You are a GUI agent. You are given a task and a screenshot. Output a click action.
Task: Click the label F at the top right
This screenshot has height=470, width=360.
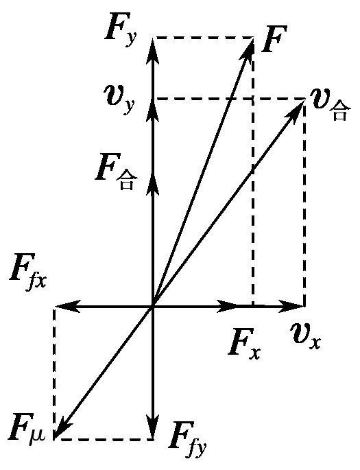click(x=274, y=39)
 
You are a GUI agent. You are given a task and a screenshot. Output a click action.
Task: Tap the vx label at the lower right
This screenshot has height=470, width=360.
click(x=306, y=336)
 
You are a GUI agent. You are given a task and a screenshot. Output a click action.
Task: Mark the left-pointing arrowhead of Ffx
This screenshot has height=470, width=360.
click(x=68, y=306)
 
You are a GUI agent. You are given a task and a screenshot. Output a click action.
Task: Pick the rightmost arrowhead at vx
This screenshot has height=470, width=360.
click(x=291, y=306)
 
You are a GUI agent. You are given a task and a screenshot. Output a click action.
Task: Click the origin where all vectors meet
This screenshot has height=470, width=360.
click(x=154, y=306)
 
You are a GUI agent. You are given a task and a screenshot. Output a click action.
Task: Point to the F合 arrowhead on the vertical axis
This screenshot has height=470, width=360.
click(x=154, y=184)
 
